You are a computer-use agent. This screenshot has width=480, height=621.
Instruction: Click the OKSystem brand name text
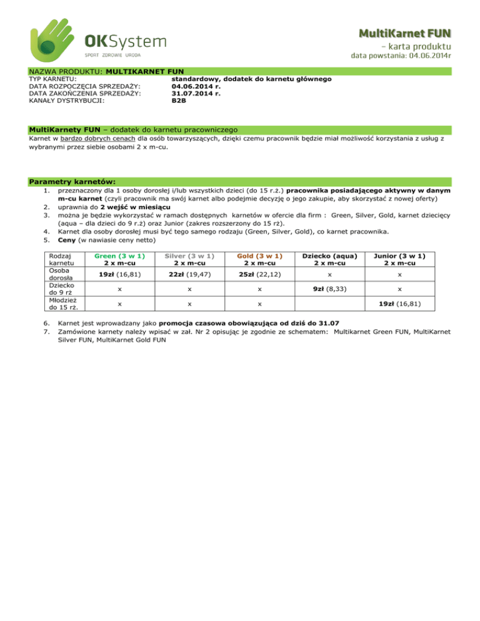click(126, 41)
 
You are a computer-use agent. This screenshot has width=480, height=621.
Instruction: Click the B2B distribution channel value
click(179, 100)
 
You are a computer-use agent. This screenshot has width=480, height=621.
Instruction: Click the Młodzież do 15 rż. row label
click(47, 304)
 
